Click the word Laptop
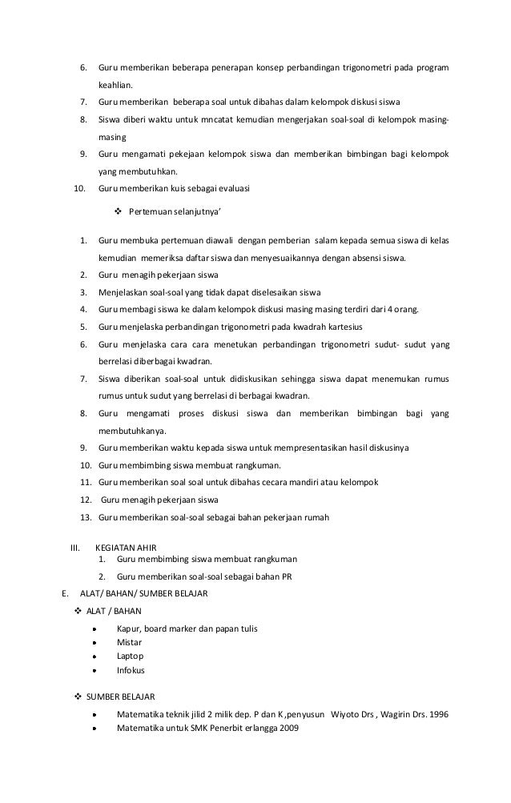click(x=130, y=656)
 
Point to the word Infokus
click(x=131, y=669)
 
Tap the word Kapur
click(x=128, y=628)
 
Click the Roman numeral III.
click(x=76, y=548)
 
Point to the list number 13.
click(x=86, y=516)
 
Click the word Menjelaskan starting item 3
click(x=126, y=291)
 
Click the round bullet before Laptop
click(x=95, y=656)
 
